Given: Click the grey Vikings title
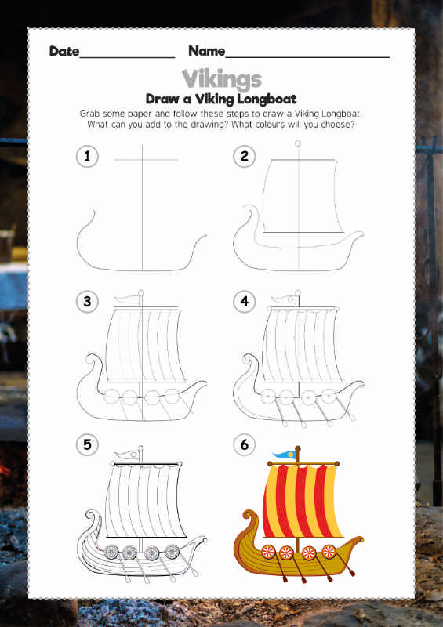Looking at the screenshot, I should pyautogui.click(x=221, y=79).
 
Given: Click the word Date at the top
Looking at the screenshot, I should pyautogui.click(x=64, y=51).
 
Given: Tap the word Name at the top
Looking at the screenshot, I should pyautogui.click(x=206, y=51).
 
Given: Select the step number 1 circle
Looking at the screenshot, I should pyautogui.click(x=87, y=156).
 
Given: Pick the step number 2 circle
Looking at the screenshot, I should pyautogui.click(x=245, y=156).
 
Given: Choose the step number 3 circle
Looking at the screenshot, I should pyautogui.click(x=87, y=301).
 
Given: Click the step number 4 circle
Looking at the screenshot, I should pyautogui.click(x=245, y=301).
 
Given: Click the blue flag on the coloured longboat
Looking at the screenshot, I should pyautogui.click(x=281, y=454).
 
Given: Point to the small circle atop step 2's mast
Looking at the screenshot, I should pyautogui.click(x=297, y=143).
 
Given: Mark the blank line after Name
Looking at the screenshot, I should pyautogui.click(x=307, y=56).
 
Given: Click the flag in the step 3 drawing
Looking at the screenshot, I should pyautogui.click(x=125, y=299).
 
